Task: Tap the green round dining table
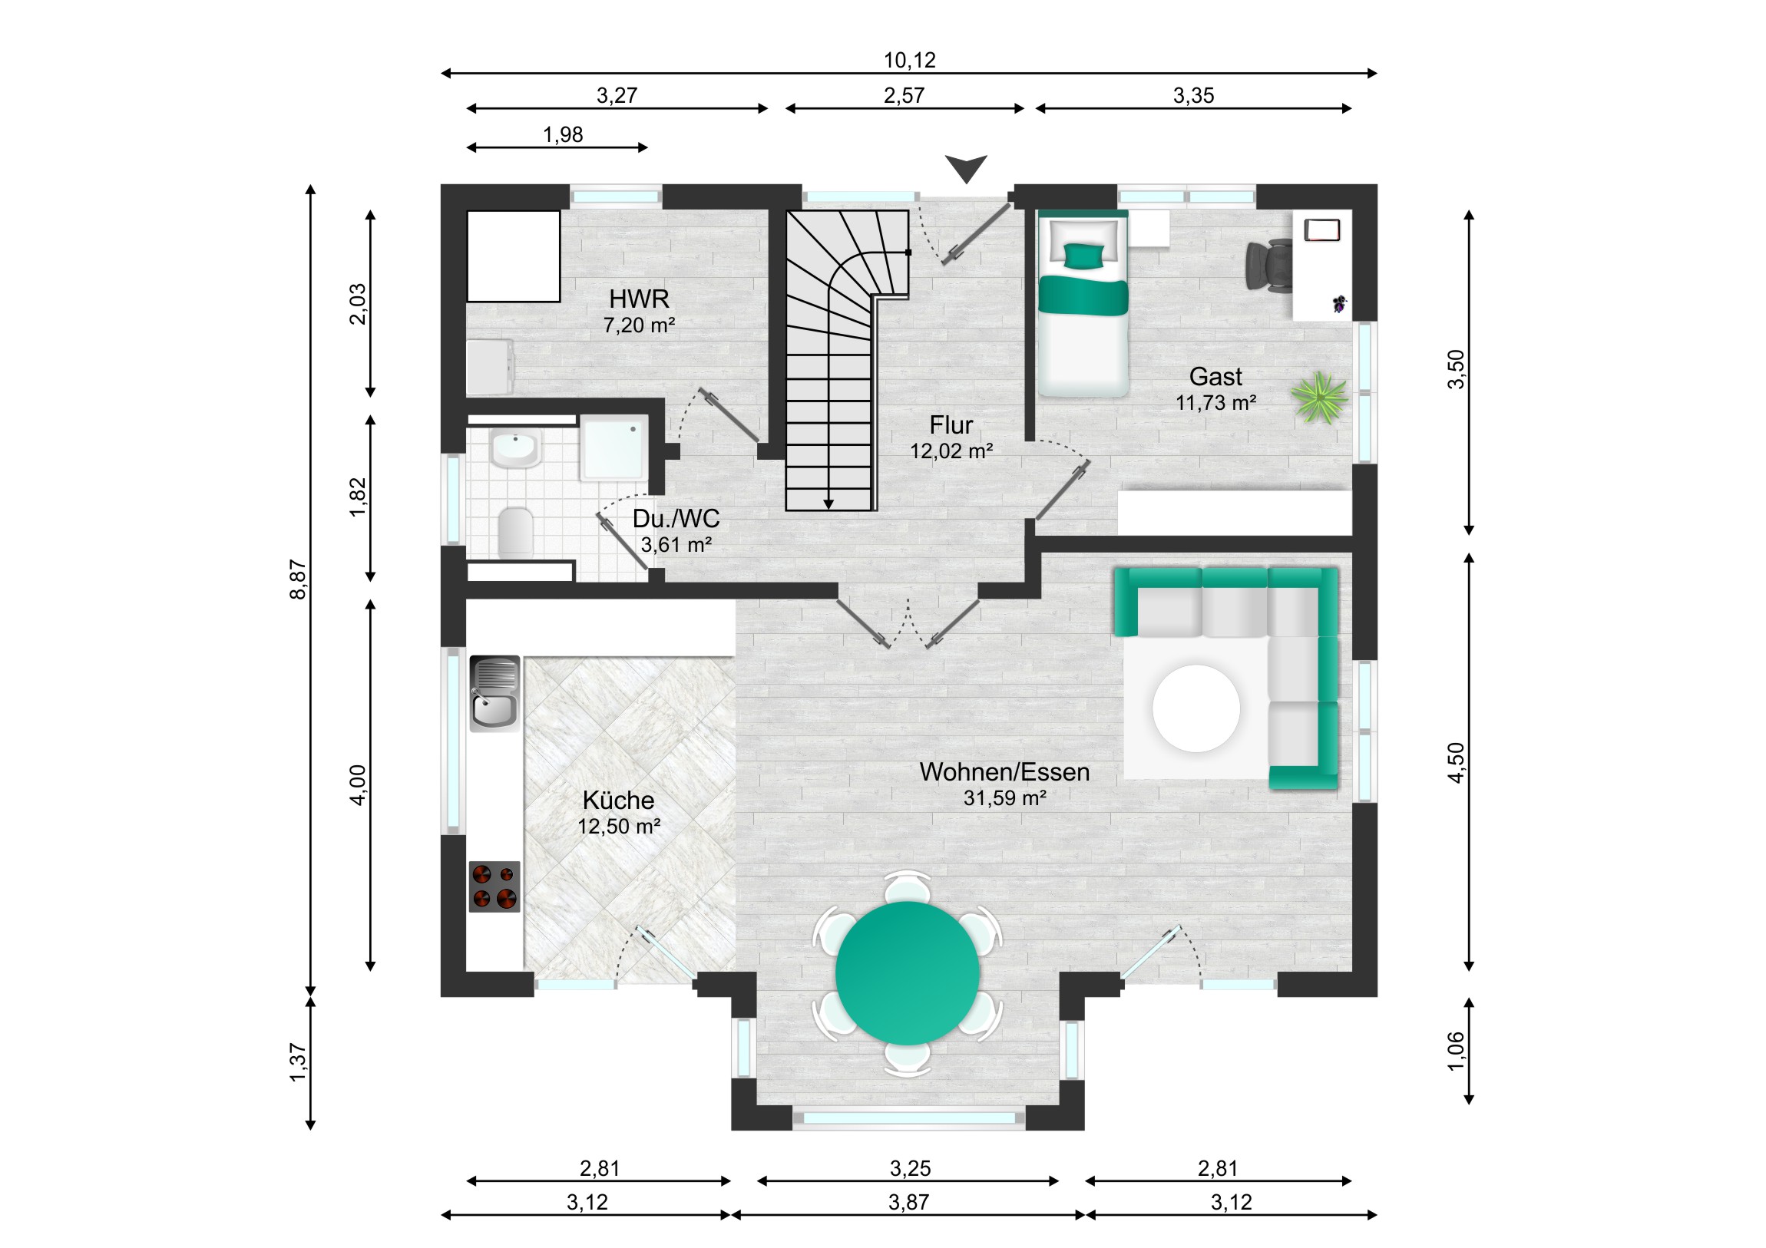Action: (x=908, y=973)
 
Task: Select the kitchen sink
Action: (x=494, y=693)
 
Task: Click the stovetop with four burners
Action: (x=494, y=886)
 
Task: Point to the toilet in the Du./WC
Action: (x=515, y=531)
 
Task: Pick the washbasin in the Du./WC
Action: (x=515, y=447)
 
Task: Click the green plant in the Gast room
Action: (x=1319, y=397)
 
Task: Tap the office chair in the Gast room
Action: (x=1269, y=265)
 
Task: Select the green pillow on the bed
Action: (x=1083, y=256)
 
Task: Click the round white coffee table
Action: (x=1196, y=708)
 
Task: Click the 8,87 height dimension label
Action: (x=298, y=579)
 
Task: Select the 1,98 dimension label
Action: (x=563, y=134)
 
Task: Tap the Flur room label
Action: (x=951, y=424)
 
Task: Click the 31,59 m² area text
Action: (x=1004, y=798)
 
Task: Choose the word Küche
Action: (x=618, y=800)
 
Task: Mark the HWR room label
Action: (x=639, y=299)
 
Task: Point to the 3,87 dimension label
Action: (x=908, y=1202)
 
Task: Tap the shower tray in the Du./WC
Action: (x=613, y=447)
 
